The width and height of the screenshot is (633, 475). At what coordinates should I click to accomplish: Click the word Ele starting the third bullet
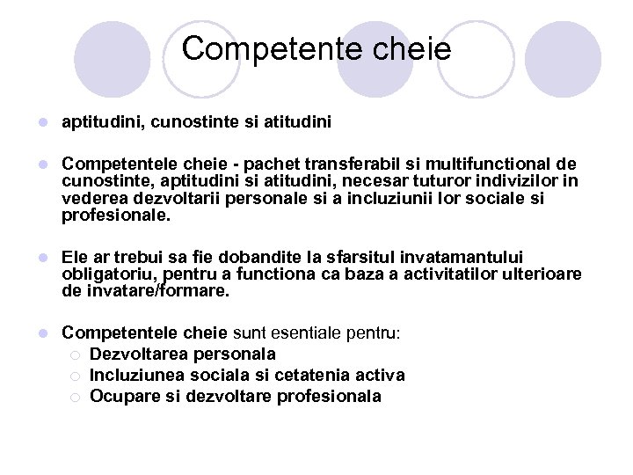point(76,257)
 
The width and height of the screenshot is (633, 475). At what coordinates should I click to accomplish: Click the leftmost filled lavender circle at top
point(113,58)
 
